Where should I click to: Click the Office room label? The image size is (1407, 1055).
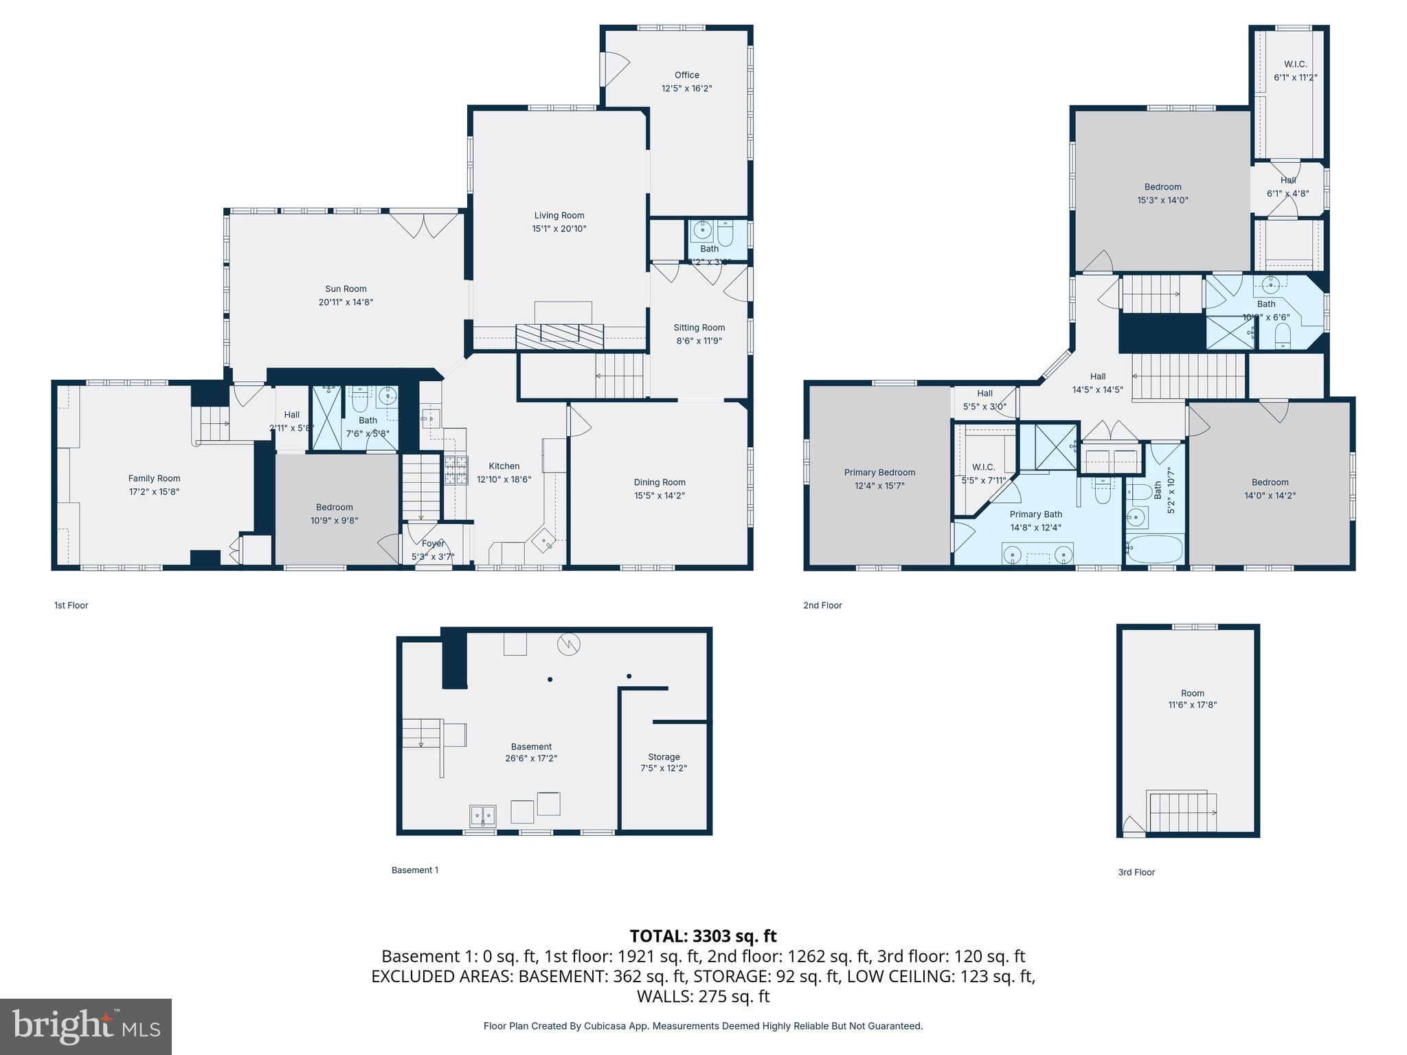(x=686, y=76)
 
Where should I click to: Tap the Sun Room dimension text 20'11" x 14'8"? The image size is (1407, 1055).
(x=346, y=302)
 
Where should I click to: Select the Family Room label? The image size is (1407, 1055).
(x=154, y=479)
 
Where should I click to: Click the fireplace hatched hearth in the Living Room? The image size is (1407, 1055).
(x=559, y=336)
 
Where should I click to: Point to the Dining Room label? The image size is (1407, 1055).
(x=660, y=482)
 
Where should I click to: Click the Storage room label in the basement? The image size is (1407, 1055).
(x=664, y=757)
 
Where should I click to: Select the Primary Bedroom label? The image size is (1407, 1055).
(x=879, y=473)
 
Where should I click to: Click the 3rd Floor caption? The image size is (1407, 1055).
(x=1136, y=872)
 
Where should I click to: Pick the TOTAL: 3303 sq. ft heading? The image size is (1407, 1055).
(x=703, y=936)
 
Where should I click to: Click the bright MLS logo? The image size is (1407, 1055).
(x=86, y=1026)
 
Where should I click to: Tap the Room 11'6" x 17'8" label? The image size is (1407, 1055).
(x=1193, y=699)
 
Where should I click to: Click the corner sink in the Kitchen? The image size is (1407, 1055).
(x=546, y=541)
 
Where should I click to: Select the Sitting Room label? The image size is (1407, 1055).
(x=699, y=328)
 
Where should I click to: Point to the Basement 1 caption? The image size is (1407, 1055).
(x=415, y=870)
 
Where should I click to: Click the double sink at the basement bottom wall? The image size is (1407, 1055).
(x=483, y=816)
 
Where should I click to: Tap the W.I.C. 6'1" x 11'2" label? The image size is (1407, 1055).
(x=1295, y=71)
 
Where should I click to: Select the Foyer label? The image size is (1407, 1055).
(x=433, y=543)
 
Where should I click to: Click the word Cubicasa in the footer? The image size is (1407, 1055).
(x=604, y=1026)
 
